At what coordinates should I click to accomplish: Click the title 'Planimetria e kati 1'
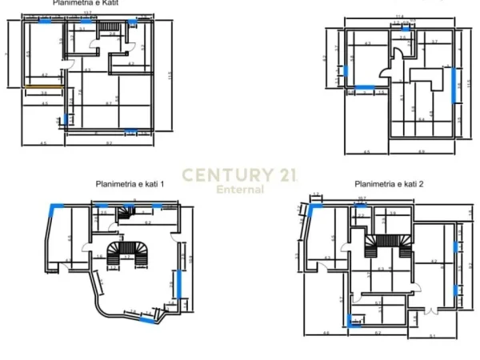[x=130, y=185]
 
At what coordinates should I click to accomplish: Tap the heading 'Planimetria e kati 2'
[x=390, y=185]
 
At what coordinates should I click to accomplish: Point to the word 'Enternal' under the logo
[x=241, y=190]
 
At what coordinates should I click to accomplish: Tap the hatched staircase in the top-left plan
[x=110, y=29]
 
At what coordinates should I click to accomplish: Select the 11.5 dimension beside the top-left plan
[x=170, y=76]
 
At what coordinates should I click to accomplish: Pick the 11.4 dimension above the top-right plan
[x=398, y=15]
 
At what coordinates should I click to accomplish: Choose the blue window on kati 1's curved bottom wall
[x=148, y=319]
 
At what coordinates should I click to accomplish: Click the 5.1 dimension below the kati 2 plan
[x=433, y=334]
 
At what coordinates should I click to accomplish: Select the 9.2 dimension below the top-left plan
[x=108, y=142]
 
